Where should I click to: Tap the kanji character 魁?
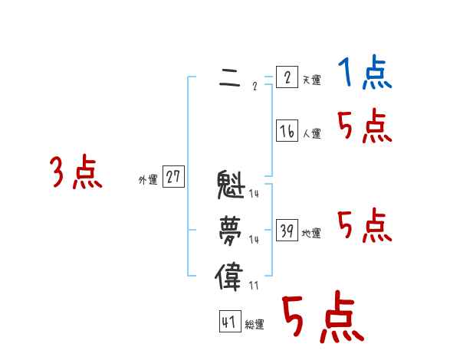(x=231, y=185)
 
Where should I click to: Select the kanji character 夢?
(x=231, y=229)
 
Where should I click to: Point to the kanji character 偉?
(x=231, y=276)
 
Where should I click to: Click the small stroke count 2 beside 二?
(x=255, y=87)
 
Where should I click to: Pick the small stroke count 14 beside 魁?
(x=254, y=194)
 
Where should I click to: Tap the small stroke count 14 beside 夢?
(x=254, y=240)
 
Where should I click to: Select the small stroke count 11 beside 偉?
(x=254, y=286)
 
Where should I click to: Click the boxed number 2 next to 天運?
(x=287, y=77)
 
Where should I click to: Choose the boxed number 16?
(x=287, y=131)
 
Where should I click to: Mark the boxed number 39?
(x=287, y=231)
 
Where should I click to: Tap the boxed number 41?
(x=229, y=322)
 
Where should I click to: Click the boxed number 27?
(x=173, y=178)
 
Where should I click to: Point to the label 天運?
(x=311, y=80)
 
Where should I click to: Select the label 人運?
(x=311, y=134)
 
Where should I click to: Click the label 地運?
(x=311, y=234)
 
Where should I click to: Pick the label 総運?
(x=255, y=325)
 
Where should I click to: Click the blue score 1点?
(x=364, y=74)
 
